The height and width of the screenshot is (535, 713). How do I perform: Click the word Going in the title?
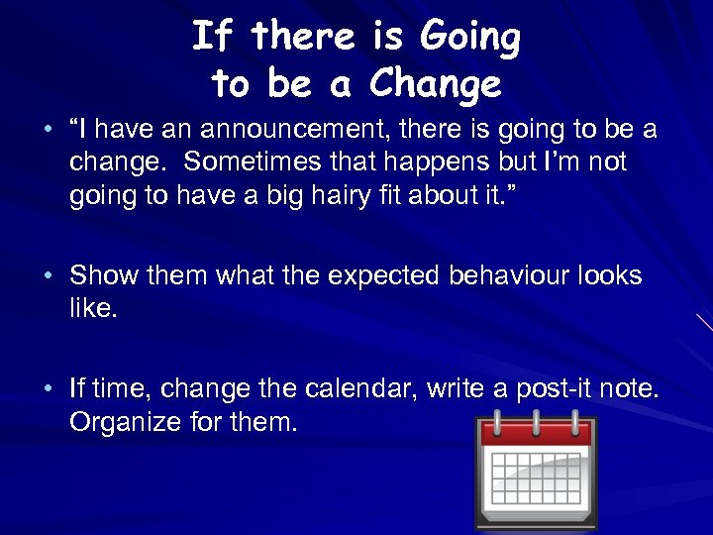tap(469, 39)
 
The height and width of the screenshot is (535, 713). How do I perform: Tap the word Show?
tap(104, 275)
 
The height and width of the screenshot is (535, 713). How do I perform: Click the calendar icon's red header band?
tap(535, 433)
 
